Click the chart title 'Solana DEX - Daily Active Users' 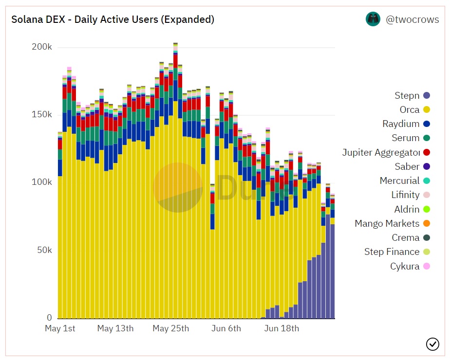(112, 20)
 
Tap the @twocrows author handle (412, 20)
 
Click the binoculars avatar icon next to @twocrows (373, 19)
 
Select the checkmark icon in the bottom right (432, 344)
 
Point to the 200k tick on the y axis (42, 47)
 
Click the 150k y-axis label (42, 115)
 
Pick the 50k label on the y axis (44, 250)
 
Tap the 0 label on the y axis (49, 318)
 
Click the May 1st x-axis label (60, 328)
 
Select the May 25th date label (170, 328)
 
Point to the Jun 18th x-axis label (281, 328)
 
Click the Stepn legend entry (407, 96)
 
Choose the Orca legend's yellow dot (427, 110)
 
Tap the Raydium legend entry (401, 124)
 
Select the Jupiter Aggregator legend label (381, 153)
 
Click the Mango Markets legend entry (387, 224)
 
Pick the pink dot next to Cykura (427, 266)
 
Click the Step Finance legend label (392, 252)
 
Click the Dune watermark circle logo (178, 188)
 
